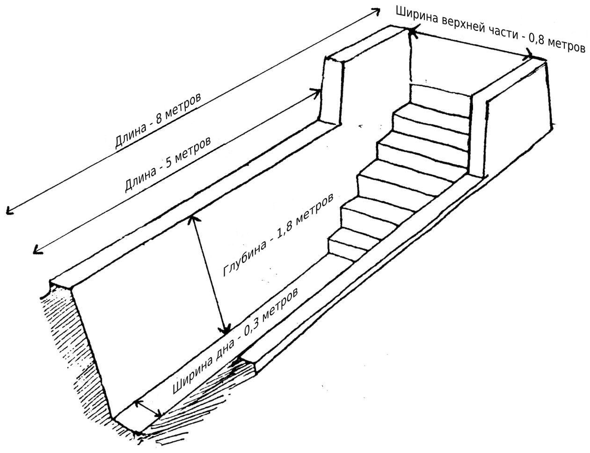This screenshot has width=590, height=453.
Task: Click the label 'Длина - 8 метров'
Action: [x=158, y=120]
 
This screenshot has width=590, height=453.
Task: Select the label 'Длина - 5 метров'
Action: [x=168, y=164]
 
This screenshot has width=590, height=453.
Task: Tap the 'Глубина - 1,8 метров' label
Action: [x=278, y=235]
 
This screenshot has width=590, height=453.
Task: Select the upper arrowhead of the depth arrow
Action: [x=192, y=219]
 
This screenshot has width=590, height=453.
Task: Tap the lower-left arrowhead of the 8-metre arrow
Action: [x=9, y=210]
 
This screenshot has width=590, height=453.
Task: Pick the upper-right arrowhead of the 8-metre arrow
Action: [x=377, y=11]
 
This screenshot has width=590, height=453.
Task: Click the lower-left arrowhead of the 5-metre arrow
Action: [x=37, y=250]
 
